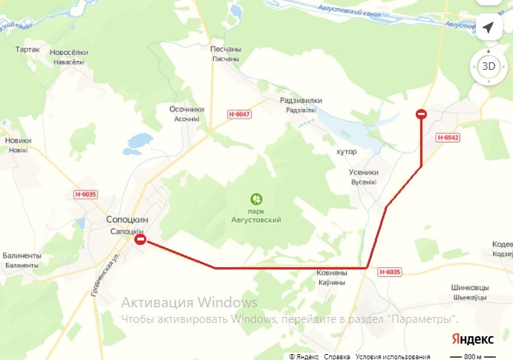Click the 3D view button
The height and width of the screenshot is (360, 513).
coord(488,66)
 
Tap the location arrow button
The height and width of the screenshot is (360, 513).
coord(488,27)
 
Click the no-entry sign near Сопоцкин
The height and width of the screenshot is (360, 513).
coord(140,240)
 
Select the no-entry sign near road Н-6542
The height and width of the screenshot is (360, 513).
coord(421,114)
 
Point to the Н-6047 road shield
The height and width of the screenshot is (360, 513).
coord(240,114)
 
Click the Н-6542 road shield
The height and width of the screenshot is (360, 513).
coord(448,137)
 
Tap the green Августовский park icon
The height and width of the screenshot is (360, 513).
coord(256,199)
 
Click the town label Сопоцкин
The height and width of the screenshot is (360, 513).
coord(128,220)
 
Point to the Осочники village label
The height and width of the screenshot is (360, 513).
coord(186,109)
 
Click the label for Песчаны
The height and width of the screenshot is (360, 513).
coord(226,48)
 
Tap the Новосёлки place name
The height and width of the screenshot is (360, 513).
coord(68,53)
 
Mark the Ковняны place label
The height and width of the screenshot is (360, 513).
coord(332,273)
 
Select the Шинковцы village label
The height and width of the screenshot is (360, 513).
coord(470,287)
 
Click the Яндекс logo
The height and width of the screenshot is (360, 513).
coord(472,339)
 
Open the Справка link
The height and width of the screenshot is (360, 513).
coord(337,356)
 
